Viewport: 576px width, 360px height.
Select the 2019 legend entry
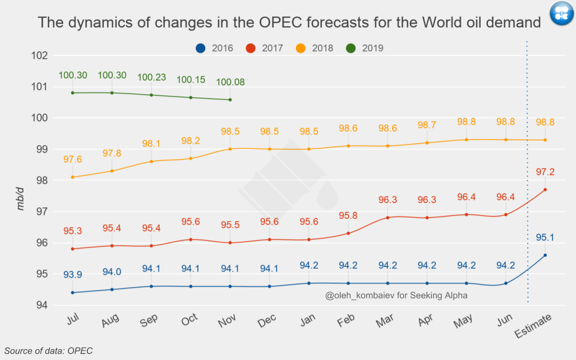[x=364, y=48]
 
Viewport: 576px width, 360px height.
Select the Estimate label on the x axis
[x=533, y=326]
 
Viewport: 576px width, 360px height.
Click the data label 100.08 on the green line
[x=230, y=82]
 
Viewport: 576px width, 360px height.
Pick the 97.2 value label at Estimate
[x=545, y=172]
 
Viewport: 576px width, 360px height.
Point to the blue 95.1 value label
[x=545, y=238]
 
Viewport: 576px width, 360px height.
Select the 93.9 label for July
[x=73, y=275]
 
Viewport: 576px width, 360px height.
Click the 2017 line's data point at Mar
[x=388, y=218]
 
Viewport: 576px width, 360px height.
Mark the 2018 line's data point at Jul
[x=73, y=177]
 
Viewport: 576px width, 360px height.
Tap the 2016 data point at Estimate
[x=545, y=255]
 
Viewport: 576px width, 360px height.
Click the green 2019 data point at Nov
[x=230, y=100]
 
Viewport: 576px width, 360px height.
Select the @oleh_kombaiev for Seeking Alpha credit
[x=396, y=296]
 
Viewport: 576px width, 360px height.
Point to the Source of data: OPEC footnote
[x=48, y=350]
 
